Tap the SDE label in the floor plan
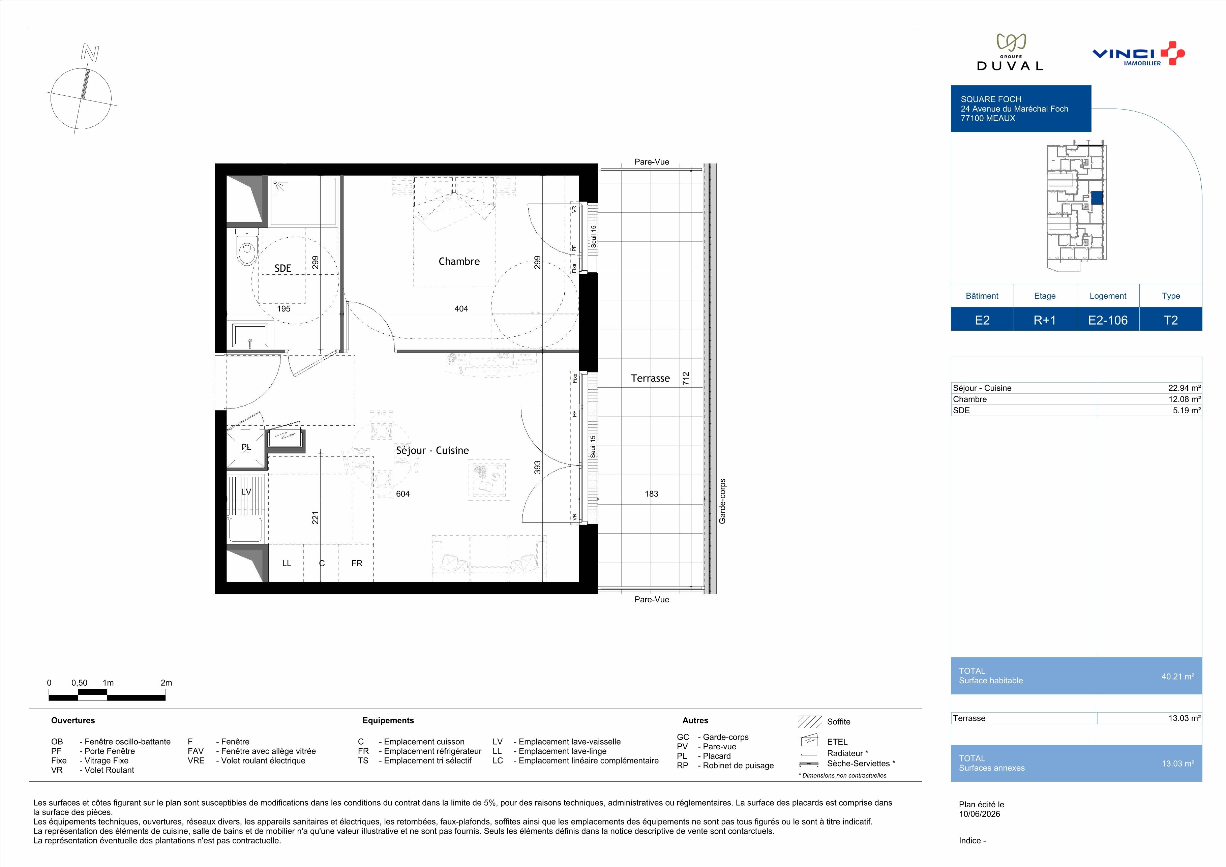(283, 268)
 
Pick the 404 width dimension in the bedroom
(461, 308)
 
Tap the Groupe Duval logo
(1010, 52)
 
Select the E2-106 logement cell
(1108, 320)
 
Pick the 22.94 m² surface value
(1184, 388)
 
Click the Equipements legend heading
(388, 720)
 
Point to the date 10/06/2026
(979, 814)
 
